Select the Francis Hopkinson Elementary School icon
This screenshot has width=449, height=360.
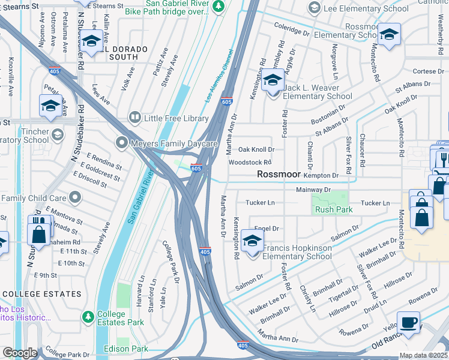(x=253, y=243)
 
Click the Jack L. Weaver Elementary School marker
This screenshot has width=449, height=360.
(x=273, y=80)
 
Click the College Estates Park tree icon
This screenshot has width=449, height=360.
(x=88, y=316)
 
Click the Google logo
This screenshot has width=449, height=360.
(x=20, y=353)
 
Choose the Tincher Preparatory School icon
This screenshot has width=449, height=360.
(x=58, y=133)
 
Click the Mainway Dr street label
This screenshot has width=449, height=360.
(x=313, y=190)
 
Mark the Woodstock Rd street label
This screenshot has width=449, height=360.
(x=250, y=162)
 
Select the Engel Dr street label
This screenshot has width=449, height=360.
(x=267, y=229)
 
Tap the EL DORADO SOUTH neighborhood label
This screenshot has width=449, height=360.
(x=114, y=58)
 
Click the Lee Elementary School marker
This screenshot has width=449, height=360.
(x=313, y=8)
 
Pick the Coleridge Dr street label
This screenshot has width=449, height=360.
(x=292, y=27)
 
